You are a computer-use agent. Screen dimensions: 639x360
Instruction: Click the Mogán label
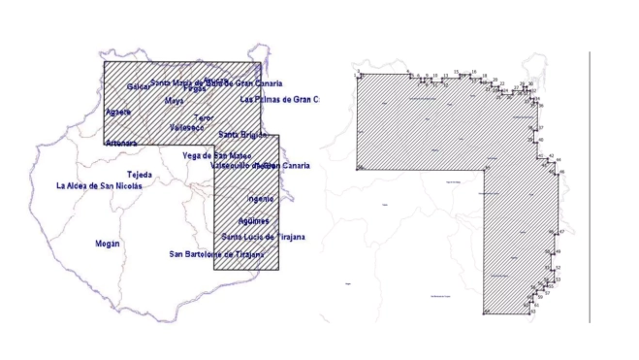(108, 244)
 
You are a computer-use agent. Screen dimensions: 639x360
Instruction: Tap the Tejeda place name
(141, 175)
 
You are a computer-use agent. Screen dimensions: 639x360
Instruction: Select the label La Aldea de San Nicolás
(99, 186)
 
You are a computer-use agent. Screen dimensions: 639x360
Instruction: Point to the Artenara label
(121, 144)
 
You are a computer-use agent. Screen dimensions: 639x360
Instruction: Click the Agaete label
(118, 112)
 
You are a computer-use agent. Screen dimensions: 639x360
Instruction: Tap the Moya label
(175, 101)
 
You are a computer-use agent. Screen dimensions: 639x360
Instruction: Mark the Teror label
(204, 117)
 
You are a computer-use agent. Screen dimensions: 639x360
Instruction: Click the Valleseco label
(186, 127)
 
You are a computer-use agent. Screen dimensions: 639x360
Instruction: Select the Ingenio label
(261, 199)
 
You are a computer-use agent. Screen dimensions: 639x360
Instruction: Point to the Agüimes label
(253, 221)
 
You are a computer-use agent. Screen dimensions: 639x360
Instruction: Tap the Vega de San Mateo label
(217, 156)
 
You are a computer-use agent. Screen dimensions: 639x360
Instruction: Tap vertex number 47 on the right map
(559, 232)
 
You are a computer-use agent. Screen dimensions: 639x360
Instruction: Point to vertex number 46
(559, 173)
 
